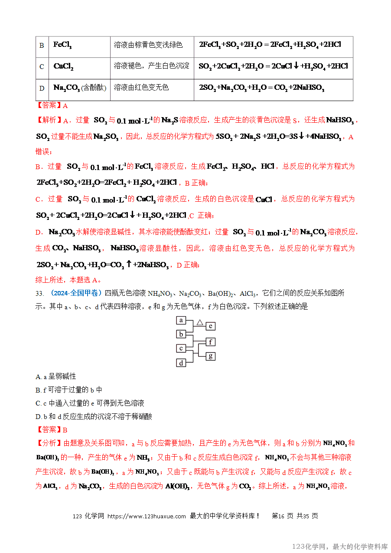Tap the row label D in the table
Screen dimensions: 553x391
(42, 88)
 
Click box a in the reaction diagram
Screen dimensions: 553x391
(181, 321)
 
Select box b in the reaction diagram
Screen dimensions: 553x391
(181, 334)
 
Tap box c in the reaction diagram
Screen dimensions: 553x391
(181, 348)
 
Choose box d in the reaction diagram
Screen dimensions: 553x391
(181, 363)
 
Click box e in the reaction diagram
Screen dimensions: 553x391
(210, 326)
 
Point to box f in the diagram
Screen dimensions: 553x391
(210, 342)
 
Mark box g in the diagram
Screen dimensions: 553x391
(210, 356)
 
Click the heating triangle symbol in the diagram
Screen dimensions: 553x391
(199, 322)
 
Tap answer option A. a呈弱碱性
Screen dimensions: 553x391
(56, 376)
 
